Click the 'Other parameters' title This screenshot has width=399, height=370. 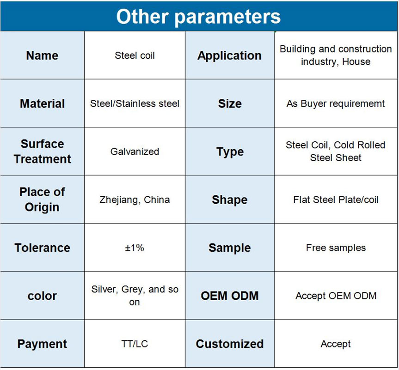point(198,17)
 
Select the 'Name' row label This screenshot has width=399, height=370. point(42,55)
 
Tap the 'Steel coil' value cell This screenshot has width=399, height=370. point(135,55)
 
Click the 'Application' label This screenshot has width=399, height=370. point(229,56)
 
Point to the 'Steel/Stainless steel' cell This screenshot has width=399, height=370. point(135,103)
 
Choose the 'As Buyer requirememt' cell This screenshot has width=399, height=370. point(336,104)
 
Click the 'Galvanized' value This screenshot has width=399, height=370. point(135,152)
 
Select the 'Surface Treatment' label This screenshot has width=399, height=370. point(42,152)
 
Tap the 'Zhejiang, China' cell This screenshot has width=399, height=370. point(135,200)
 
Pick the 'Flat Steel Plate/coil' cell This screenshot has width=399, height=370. point(336,200)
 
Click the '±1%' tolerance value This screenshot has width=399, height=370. point(135,248)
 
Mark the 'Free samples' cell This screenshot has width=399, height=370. point(336,248)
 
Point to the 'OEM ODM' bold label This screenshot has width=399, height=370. point(229,296)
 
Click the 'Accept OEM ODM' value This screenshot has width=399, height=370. point(336,296)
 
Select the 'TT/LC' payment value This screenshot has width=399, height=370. point(135,344)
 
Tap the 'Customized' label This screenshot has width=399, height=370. point(229,344)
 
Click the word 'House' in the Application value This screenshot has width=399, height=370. point(356,62)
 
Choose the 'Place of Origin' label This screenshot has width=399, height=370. point(42,200)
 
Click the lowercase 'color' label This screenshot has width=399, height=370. point(42,296)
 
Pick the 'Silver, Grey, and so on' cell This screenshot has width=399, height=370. point(135,296)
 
